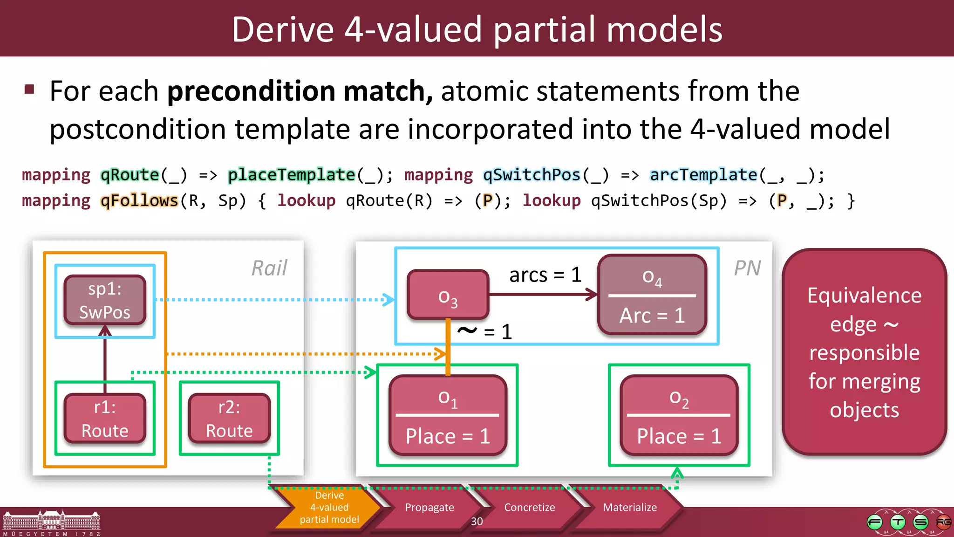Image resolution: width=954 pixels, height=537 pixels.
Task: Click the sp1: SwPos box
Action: tap(105, 300)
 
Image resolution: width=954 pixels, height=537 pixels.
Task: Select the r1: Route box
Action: tap(105, 419)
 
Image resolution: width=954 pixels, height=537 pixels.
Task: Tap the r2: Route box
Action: tap(229, 419)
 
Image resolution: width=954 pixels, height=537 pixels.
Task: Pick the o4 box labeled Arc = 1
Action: tap(652, 295)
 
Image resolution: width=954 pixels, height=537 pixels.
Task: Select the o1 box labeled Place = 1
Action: tap(448, 415)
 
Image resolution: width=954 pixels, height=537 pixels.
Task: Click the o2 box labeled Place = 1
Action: tap(679, 415)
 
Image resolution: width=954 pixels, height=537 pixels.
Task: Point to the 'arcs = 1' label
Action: tap(545, 275)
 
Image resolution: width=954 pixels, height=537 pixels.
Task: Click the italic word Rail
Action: tap(269, 268)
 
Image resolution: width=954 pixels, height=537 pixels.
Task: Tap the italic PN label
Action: tap(747, 268)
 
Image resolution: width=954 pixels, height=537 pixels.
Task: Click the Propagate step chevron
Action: tap(429, 508)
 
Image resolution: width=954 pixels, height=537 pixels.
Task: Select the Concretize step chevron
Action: tap(529, 508)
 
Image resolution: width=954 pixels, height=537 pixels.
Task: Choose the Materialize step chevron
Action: tap(629, 508)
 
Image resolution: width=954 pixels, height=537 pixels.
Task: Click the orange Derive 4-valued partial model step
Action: tap(329, 508)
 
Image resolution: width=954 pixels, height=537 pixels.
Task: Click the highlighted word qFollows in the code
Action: tap(139, 201)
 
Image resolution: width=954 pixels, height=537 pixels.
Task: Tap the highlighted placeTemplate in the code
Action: tap(292, 175)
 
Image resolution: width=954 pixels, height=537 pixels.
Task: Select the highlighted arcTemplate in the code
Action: tap(703, 175)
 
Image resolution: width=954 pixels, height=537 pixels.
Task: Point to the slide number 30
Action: tap(477, 522)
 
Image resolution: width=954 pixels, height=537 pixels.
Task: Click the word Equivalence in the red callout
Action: tap(864, 296)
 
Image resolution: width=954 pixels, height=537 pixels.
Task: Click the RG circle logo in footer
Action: tap(943, 522)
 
